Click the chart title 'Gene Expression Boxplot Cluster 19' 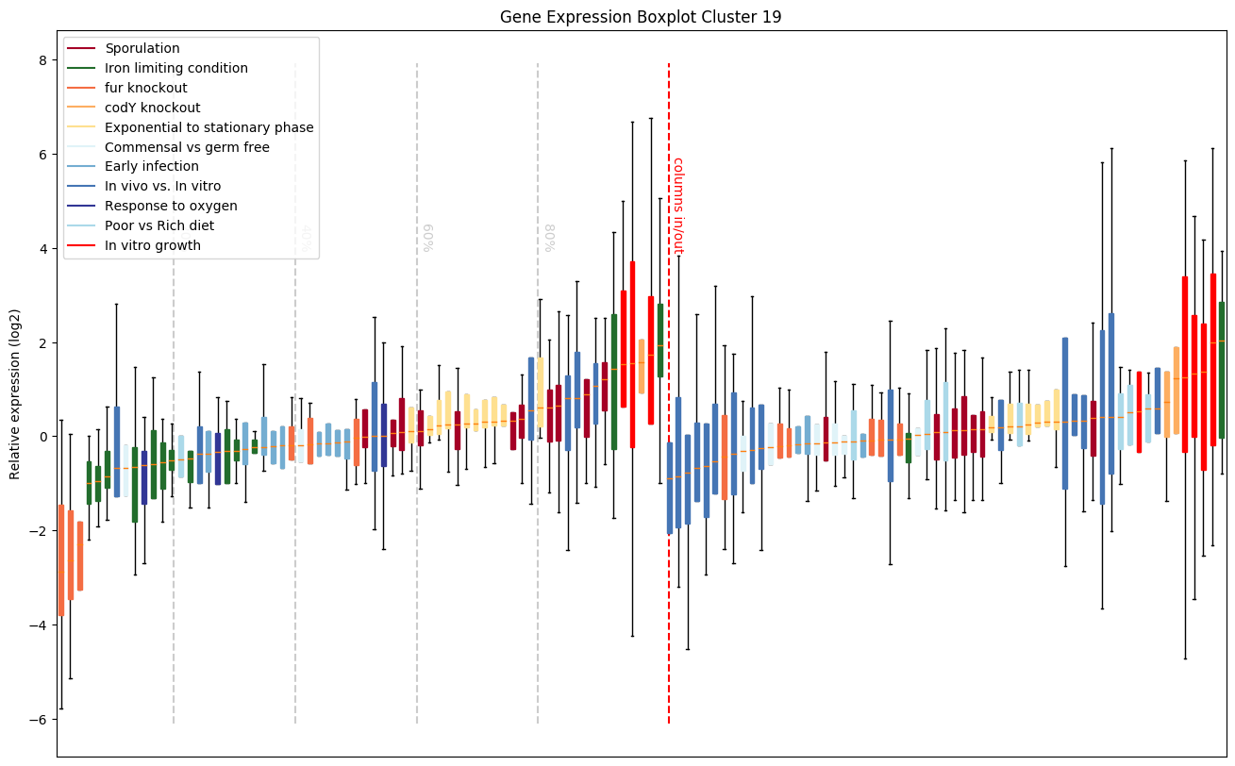641,17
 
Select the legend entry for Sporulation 142,48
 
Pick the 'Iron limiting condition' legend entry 176,68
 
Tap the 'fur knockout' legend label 146,88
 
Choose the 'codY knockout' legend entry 153,108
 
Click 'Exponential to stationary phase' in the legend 209,127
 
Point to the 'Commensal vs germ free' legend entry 188,147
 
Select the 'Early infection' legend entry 152,167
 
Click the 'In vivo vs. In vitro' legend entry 163,187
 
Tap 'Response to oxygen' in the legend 171,206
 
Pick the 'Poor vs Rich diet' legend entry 159,225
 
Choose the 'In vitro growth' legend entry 154,245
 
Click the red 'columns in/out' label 677,206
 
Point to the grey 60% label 427,238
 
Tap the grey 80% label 549,238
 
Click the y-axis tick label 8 43,60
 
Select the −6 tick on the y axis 39,720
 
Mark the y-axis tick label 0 43,437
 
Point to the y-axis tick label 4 43,249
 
